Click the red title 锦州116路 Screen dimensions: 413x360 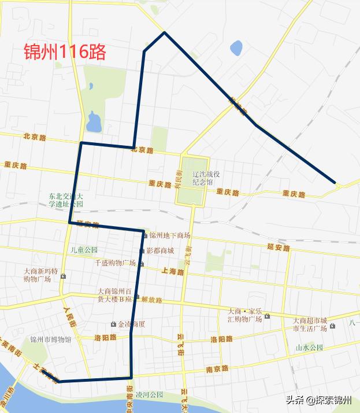65,53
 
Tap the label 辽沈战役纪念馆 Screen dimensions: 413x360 207,178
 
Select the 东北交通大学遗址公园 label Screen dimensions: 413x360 66,200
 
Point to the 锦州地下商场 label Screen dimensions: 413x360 169,235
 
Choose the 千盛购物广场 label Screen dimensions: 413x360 116,263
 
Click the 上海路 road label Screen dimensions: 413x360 173,271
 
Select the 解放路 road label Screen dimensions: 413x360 151,300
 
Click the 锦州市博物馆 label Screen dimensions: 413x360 51,340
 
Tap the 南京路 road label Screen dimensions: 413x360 217,368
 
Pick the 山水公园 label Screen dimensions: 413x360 309,348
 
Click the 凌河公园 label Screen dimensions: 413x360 152,395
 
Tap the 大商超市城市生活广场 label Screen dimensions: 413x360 310,325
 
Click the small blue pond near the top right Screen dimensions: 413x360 236,48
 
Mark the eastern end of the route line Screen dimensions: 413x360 335,183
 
